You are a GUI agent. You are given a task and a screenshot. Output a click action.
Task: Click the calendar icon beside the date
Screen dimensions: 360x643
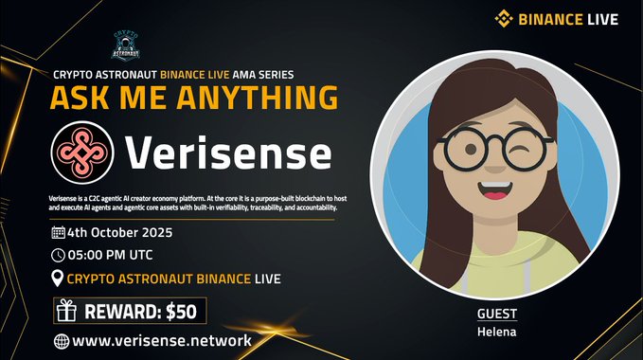[x=57, y=231]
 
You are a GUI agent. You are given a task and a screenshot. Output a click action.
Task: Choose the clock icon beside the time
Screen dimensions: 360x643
[x=57, y=255]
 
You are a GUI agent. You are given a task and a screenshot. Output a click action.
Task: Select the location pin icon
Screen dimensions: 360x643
[x=57, y=279]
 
